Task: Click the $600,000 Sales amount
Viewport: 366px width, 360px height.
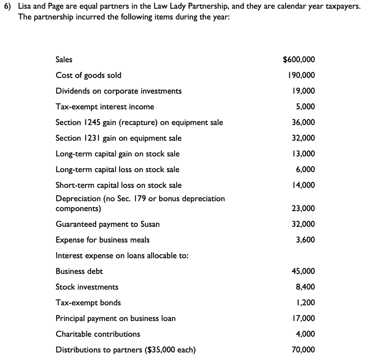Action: coord(299,60)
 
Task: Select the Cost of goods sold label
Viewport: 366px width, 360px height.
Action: coord(88,76)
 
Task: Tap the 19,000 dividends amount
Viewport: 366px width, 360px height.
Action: coord(303,91)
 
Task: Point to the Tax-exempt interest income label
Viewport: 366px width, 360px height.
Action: coord(105,107)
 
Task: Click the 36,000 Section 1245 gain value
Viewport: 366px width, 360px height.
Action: coord(303,123)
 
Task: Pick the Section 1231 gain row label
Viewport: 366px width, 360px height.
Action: coord(118,138)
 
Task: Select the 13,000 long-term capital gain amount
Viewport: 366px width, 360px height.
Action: coord(303,154)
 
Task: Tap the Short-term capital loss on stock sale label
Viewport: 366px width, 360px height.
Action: coord(118,185)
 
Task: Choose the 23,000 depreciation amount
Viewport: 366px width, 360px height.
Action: coord(303,209)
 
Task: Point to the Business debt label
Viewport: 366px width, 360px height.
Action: coord(79,271)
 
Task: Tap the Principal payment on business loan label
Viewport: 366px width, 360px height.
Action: coord(115,318)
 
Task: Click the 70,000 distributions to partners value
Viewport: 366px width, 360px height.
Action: coord(303,350)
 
